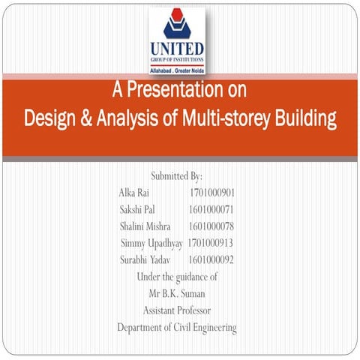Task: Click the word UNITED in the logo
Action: point(177,49)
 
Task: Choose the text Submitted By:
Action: point(176,177)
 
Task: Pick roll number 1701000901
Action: point(213,193)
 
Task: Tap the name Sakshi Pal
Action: point(137,209)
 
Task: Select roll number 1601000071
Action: point(212,209)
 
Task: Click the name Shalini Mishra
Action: point(145,226)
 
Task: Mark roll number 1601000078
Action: point(212,226)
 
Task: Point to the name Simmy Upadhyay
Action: point(151,243)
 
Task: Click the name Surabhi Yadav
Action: point(145,259)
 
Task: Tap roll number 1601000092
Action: point(212,259)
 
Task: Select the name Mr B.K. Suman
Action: point(177,293)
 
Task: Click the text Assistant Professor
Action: point(177,310)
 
